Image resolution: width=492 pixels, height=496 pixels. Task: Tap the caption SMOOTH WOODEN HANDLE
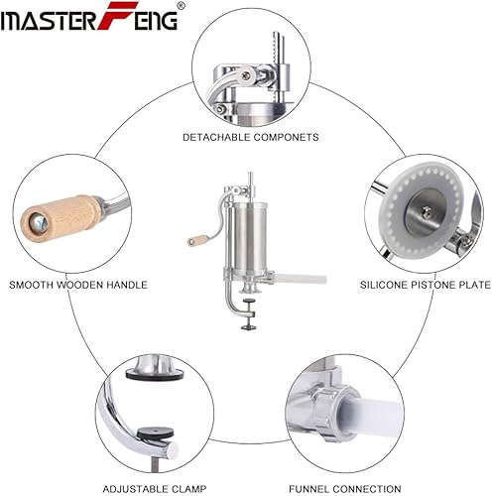(x=78, y=285)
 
